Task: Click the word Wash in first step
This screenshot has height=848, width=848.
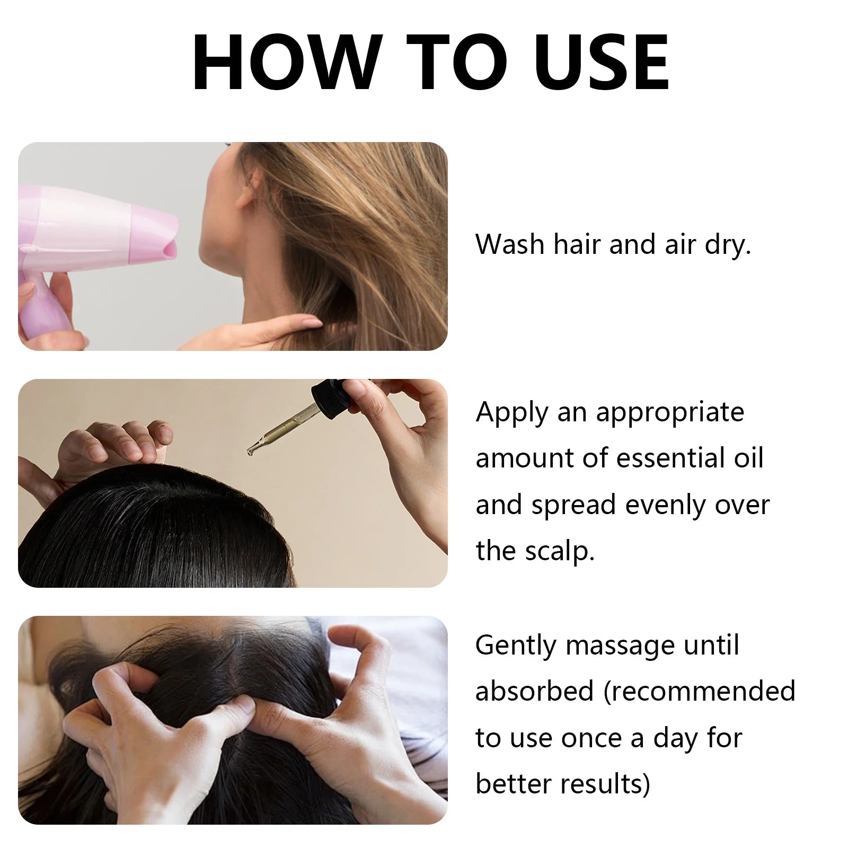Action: coord(510,245)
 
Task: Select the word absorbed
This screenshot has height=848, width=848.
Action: coord(534,692)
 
